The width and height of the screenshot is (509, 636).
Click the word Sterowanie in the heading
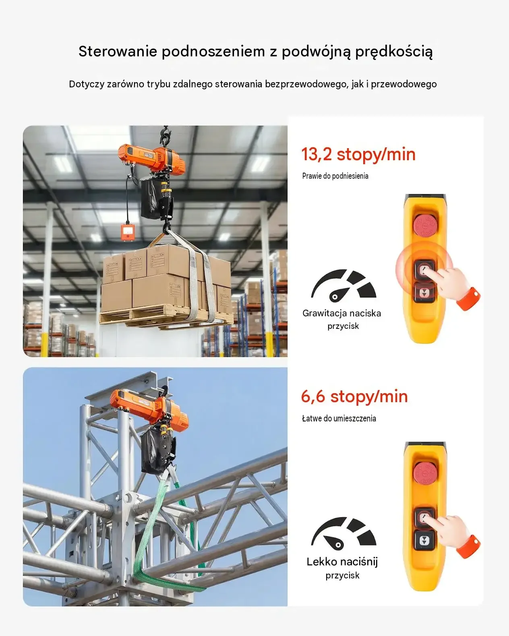coord(118,51)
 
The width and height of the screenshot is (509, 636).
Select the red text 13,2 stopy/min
coord(358,154)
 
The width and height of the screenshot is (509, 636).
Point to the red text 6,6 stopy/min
coord(354,396)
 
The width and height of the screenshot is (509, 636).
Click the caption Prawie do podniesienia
coord(335,176)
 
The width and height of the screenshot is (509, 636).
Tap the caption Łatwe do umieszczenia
coord(339,419)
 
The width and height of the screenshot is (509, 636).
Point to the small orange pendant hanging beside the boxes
coord(128,232)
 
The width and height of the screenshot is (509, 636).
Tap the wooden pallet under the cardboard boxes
coord(166,318)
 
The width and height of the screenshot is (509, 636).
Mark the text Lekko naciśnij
coord(342,562)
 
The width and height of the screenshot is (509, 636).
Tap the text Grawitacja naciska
coord(341,313)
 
